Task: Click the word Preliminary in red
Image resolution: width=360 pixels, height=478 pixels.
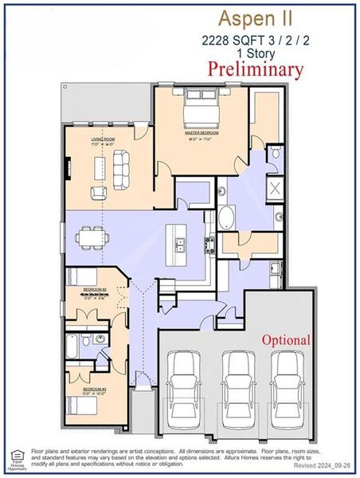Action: click(x=255, y=69)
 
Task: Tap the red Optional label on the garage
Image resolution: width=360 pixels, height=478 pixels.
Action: click(x=286, y=340)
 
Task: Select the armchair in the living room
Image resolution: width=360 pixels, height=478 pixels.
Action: click(x=99, y=192)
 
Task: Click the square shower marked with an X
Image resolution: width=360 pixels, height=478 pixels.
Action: click(x=275, y=189)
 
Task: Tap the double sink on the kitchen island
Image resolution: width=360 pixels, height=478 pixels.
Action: click(x=181, y=246)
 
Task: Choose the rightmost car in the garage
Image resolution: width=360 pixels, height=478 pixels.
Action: click(x=286, y=380)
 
